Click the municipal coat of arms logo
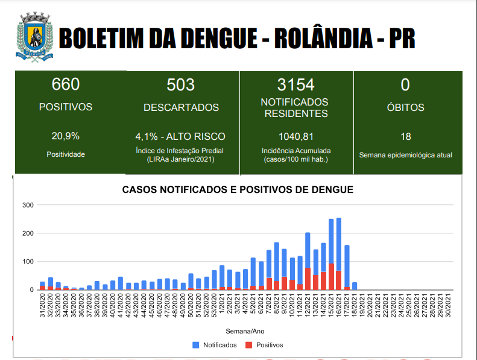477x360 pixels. pyautogui.click(x=34, y=37)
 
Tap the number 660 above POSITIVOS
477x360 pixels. pyautogui.click(x=66, y=84)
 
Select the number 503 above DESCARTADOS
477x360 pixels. pyautogui.click(x=181, y=84)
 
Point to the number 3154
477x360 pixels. pyautogui.click(x=295, y=84)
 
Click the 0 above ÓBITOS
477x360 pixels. pyautogui.click(x=405, y=84)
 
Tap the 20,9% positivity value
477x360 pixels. pyautogui.click(x=66, y=136)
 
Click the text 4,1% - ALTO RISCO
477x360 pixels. pyautogui.click(x=180, y=136)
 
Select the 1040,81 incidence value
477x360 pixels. pyautogui.click(x=295, y=136)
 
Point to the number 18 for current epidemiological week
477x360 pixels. pyautogui.click(x=405, y=136)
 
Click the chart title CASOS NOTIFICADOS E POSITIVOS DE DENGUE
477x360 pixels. pyautogui.click(x=237, y=189)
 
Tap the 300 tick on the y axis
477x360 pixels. pyautogui.click(x=27, y=205)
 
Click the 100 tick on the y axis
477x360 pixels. pyautogui.click(x=27, y=262)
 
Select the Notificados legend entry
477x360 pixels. pyautogui.click(x=214, y=345)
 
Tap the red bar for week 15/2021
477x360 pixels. pyautogui.click(x=331, y=277)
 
